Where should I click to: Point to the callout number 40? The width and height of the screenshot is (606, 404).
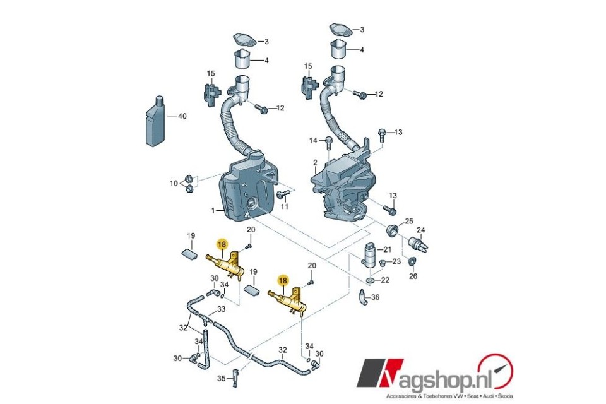(x=182, y=116)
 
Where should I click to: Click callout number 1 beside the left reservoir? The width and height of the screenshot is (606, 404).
(x=213, y=211)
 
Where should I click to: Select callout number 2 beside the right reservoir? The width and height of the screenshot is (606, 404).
(x=315, y=162)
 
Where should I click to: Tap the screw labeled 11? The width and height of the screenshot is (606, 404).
(x=283, y=193)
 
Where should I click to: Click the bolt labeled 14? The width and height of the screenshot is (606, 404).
(x=329, y=142)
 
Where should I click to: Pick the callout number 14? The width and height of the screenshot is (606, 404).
(x=313, y=140)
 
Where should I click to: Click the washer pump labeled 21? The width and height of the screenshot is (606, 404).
(x=369, y=254)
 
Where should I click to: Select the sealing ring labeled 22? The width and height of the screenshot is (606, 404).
(x=370, y=280)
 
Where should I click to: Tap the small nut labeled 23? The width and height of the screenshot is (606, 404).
(x=383, y=263)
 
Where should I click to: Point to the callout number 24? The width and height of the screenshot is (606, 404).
(x=421, y=230)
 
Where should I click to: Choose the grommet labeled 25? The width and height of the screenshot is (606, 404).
(x=393, y=230)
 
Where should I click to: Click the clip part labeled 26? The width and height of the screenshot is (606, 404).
(x=412, y=263)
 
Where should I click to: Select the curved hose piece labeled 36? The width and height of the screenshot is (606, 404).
(x=362, y=297)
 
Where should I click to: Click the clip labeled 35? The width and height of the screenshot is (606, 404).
(x=235, y=377)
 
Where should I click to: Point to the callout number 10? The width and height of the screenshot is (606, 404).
(x=174, y=183)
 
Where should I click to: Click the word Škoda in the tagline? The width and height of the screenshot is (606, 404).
(x=506, y=396)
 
